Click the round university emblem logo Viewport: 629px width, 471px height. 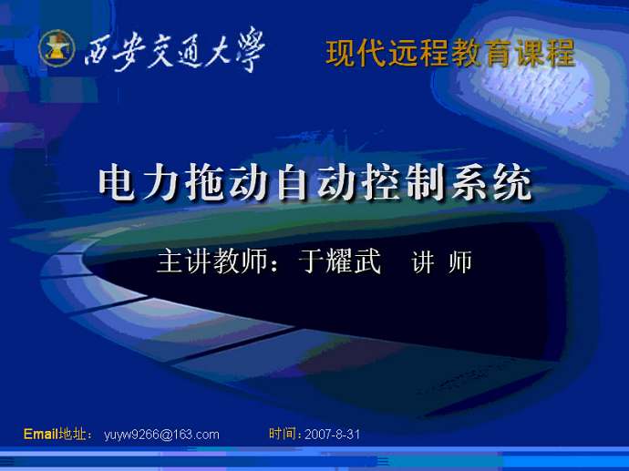(x=57, y=48)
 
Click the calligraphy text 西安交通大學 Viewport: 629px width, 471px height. (x=175, y=50)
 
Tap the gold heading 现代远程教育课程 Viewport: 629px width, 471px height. (x=451, y=54)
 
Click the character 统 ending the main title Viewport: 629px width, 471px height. (x=512, y=184)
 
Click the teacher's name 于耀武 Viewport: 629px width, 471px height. (x=339, y=261)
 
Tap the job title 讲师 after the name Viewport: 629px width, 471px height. (x=441, y=261)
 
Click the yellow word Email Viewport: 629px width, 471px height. (x=40, y=434)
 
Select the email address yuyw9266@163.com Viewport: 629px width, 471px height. (x=161, y=435)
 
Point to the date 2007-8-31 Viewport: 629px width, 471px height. (x=332, y=435)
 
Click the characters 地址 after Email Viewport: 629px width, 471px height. (x=72, y=434)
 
